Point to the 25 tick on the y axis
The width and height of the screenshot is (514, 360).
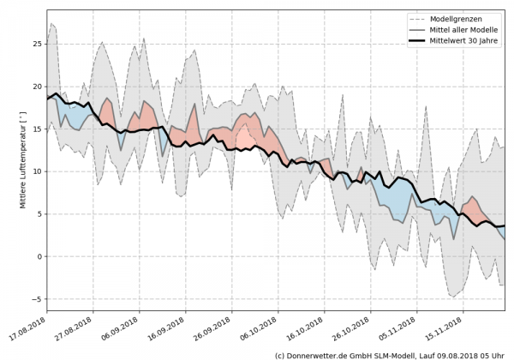[38, 44]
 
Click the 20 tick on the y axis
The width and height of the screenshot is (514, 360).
[38, 87]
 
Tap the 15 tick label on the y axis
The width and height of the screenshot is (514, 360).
[38, 129]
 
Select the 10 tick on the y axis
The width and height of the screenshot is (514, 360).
[38, 171]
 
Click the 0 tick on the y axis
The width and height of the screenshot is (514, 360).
[40, 256]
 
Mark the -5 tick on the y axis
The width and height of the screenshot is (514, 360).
[38, 299]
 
